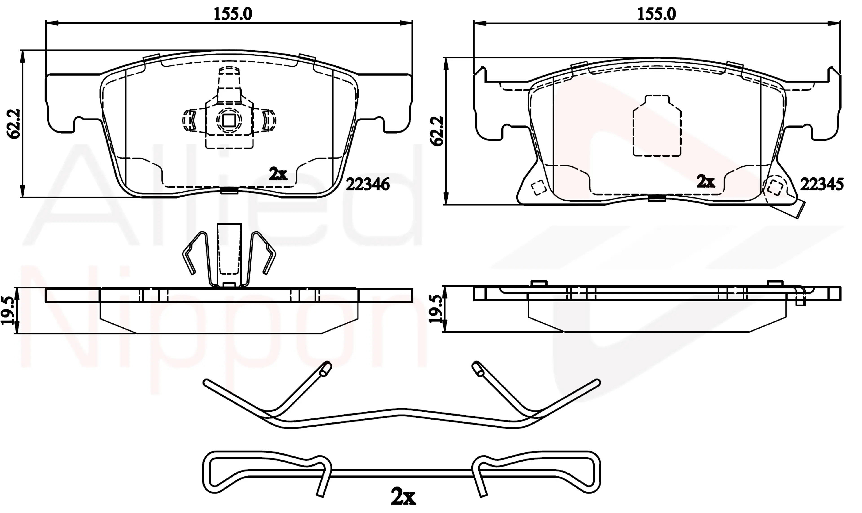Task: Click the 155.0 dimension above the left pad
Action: pos(233,14)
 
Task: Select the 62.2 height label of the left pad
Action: pos(14,124)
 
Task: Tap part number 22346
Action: pos(368,185)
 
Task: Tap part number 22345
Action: pos(822,184)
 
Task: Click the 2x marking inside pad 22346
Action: pos(278,174)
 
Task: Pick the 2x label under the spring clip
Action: pos(403,497)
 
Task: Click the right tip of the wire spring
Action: pos(598,382)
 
